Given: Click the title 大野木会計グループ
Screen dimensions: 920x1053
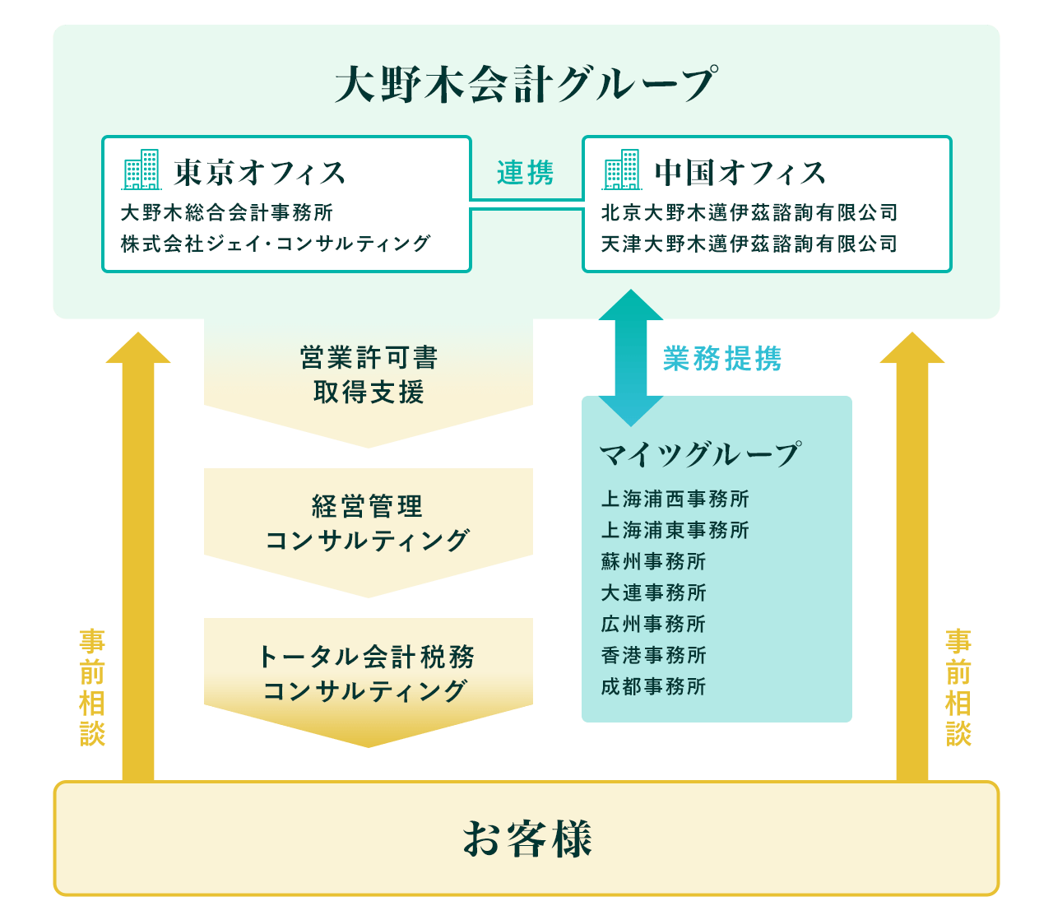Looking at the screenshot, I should (x=526, y=84).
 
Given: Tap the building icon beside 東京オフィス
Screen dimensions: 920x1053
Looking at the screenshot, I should (x=141, y=170).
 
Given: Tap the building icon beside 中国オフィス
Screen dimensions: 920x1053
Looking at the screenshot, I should (x=622, y=170).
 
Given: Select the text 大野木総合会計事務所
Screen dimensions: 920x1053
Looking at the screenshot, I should (x=227, y=212).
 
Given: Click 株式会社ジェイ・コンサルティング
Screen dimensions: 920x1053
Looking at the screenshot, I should (x=276, y=244).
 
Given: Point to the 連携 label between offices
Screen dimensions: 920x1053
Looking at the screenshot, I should (x=526, y=173).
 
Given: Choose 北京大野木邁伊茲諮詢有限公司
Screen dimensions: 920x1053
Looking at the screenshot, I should (x=749, y=212).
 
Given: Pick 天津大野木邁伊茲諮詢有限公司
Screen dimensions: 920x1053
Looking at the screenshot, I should (x=749, y=244).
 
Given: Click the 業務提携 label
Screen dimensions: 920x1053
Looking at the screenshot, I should (x=722, y=359).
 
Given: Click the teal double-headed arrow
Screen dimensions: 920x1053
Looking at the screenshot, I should (x=631, y=358).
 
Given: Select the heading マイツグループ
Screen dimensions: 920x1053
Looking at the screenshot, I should (x=699, y=454).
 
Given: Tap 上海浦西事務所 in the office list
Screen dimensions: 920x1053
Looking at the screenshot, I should (x=675, y=499).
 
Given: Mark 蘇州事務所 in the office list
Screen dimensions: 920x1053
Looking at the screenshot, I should (x=654, y=561).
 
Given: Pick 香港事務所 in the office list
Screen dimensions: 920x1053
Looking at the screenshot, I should (x=654, y=655).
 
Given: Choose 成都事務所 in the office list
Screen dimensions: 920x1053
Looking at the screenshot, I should (x=654, y=686).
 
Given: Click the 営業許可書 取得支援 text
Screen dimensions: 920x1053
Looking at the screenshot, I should (x=369, y=375).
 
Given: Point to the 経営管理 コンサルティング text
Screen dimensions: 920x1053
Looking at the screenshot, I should (x=369, y=523).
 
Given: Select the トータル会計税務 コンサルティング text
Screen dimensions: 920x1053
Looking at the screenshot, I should (x=367, y=673).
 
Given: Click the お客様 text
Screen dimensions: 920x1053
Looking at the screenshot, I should (x=526, y=839).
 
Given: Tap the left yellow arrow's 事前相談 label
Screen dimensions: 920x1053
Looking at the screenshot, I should (x=92, y=687).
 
